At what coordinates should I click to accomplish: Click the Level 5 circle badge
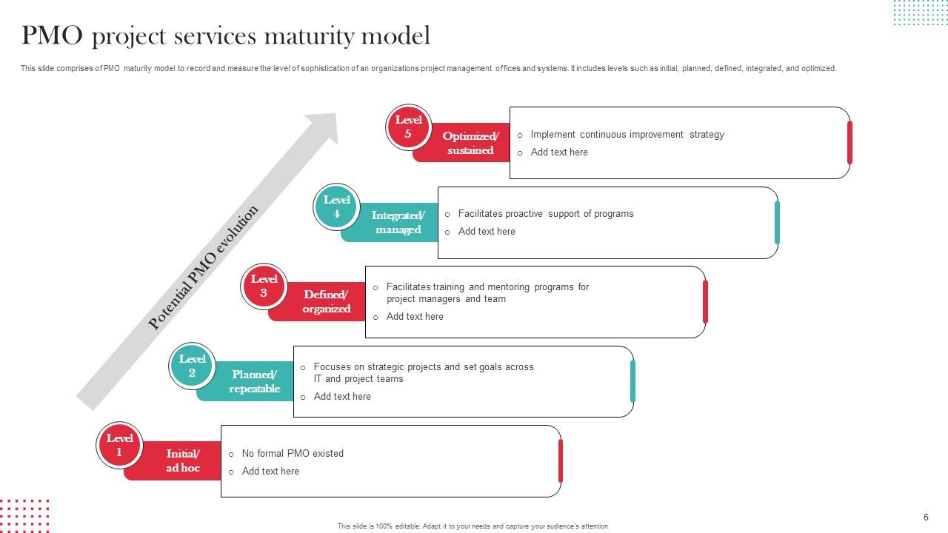tap(408, 127)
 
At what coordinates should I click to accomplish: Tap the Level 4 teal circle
tap(336, 207)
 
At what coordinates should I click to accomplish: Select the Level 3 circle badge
tap(264, 286)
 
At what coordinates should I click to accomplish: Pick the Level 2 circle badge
tap(192, 366)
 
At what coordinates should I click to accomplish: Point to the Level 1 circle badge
tap(119, 445)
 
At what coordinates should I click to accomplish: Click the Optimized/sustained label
tap(470, 143)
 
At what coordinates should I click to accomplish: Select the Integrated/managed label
tap(398, 222)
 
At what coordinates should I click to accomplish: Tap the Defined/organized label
tap(326, 301)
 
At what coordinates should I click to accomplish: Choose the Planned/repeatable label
tap(254, 381)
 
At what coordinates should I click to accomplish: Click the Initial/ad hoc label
tap(182, 460)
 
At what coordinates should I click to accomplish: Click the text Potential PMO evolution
tap(203, 267)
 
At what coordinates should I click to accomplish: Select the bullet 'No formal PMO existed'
tap(293, 453)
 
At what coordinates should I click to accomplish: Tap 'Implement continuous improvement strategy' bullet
tap(627, 135)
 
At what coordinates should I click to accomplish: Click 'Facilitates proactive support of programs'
tap(546, 214)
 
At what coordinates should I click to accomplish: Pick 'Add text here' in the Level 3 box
tap(415, 317)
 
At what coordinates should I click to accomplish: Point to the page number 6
tap(926, 517)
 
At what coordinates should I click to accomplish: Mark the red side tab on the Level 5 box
tap(849, 142)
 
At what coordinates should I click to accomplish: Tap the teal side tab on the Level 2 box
tap(632, 381)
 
